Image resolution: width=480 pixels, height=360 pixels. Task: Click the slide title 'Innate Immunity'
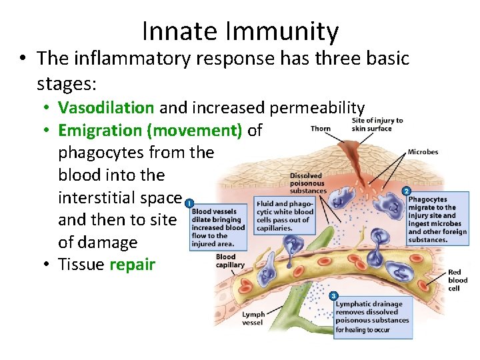coord(240,31)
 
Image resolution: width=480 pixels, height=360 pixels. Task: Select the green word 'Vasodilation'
coord(106,107)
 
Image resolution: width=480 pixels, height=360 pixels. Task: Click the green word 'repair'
coord(133,265)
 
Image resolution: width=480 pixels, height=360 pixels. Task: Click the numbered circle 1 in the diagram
coord(191,203)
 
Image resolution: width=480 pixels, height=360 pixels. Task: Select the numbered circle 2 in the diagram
coord(407,191)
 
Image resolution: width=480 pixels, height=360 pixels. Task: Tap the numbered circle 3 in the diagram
coord(333,295)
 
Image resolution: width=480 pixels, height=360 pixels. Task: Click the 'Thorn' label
coord(321,129)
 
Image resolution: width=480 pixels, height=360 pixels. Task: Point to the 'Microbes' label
coord(423,152)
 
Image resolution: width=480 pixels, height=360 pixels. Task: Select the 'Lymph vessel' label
coord(253,318)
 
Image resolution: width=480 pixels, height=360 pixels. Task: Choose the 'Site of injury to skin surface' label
coord(377,125)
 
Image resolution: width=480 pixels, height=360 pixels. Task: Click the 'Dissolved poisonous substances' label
coord(307,183)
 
